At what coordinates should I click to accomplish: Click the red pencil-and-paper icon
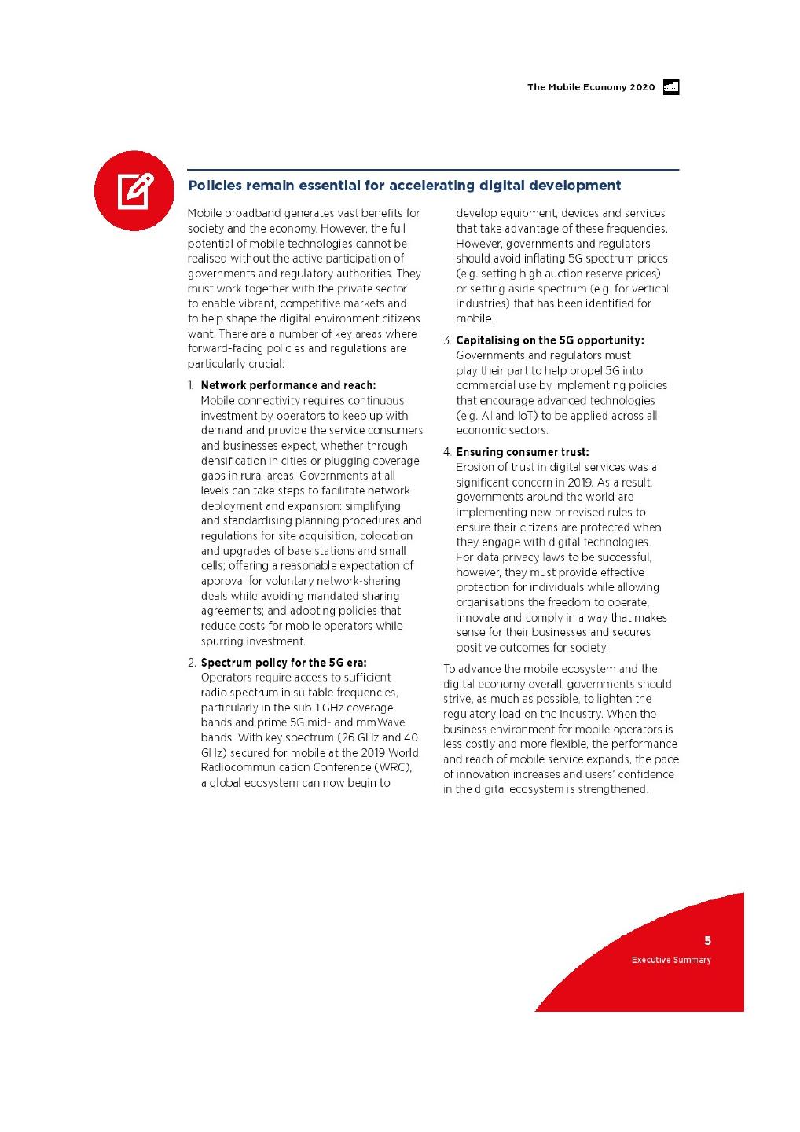point(134,191)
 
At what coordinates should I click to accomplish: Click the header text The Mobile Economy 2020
point(590,87)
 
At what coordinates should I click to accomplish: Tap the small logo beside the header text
point(671,87)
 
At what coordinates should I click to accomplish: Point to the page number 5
point(707,940)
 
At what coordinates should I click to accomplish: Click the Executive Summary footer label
point(671,960)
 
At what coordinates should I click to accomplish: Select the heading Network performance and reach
point(288,385)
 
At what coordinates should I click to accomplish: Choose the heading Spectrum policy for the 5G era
point(284,663)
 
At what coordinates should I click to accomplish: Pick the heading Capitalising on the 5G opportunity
point(549,340)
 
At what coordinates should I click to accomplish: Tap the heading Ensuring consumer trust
point(522,452)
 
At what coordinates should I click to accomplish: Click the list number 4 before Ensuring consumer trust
point(446,452)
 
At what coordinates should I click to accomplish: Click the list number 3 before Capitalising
point(446,340)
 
